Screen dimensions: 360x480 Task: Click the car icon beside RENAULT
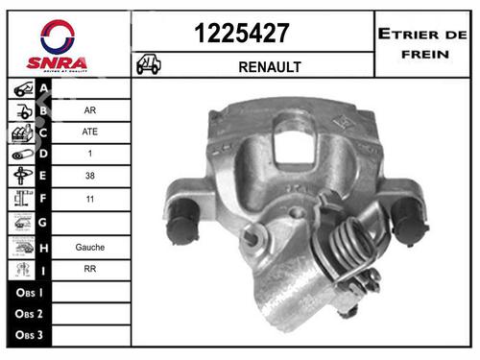(149, 65)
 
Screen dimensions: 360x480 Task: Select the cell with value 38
(89, 177)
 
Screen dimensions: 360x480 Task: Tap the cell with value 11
(89, 201)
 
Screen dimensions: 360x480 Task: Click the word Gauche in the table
(89, 247)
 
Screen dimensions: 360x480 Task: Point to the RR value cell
(89, 270)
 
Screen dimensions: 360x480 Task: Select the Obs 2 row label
(27, 315)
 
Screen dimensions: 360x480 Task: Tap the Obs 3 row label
(27, 337)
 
